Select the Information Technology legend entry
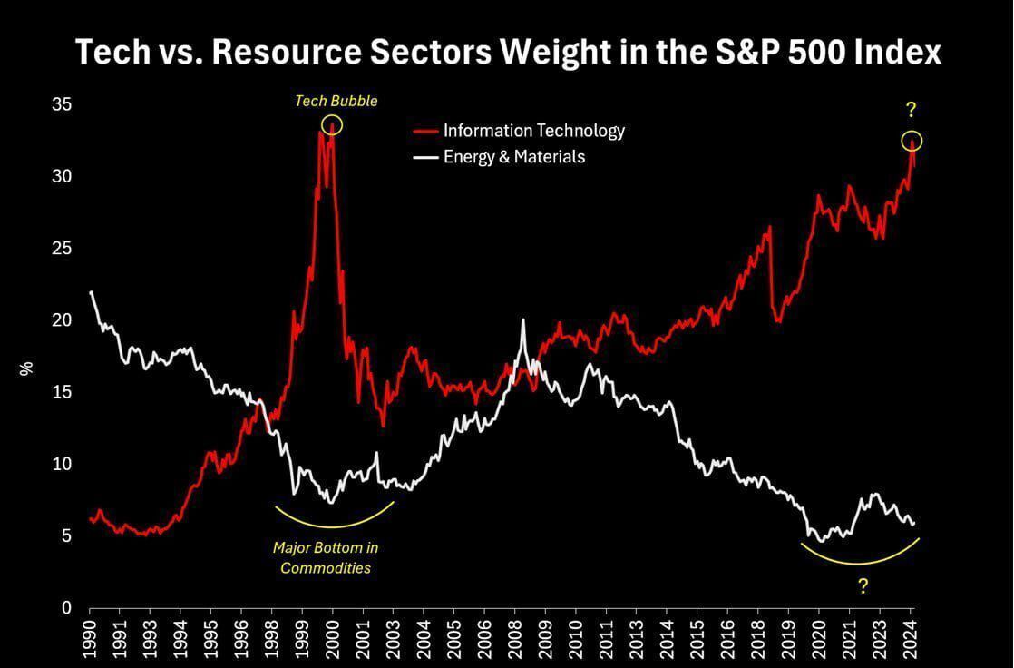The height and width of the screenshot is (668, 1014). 533,131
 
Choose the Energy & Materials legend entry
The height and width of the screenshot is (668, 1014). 513,157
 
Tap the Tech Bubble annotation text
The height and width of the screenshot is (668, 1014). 336,101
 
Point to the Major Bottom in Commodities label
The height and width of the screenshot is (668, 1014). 325,558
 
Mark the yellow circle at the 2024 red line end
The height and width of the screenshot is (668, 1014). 912,141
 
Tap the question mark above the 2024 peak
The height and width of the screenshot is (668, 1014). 911,111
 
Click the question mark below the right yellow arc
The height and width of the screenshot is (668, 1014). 863,586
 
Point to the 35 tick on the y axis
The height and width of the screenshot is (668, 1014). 62,105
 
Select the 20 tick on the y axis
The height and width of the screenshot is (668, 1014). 62,320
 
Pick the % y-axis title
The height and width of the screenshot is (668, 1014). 26,368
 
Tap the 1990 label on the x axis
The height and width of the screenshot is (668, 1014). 91,639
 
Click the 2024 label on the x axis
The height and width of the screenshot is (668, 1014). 911,639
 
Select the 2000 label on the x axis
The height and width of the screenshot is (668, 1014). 333,639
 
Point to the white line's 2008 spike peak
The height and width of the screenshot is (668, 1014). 523,319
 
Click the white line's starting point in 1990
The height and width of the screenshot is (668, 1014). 91,292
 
